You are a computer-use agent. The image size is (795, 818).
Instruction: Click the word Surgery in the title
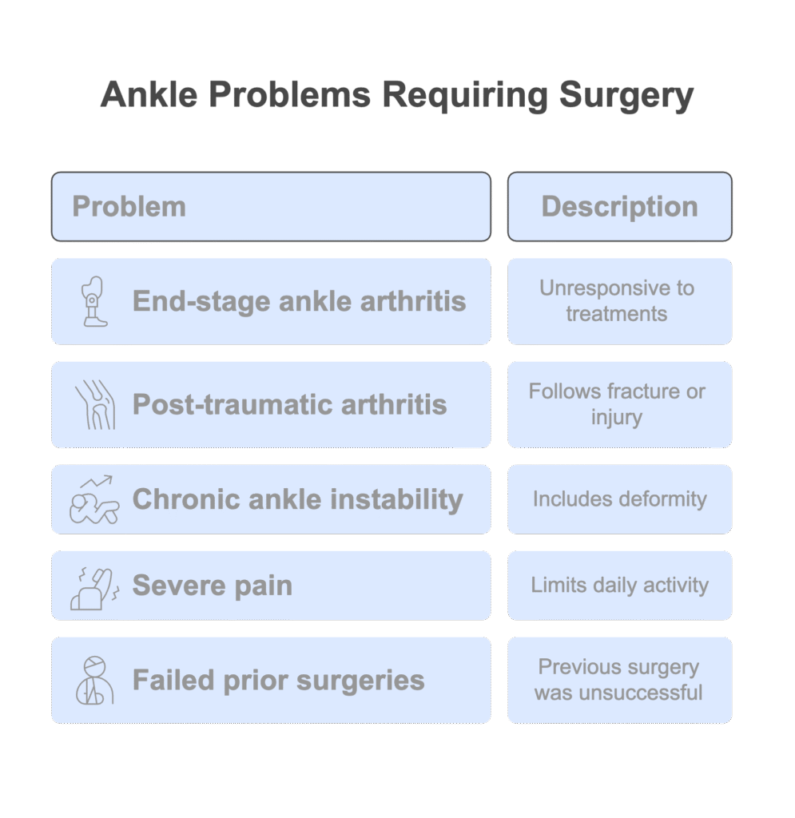pos(626,96)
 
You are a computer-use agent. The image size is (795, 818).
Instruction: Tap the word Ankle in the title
pos(149,94)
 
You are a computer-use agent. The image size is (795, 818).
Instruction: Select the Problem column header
pos(129,207)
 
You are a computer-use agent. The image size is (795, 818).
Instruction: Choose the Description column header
pos(619,207)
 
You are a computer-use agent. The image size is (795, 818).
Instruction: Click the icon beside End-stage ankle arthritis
pos(94,301)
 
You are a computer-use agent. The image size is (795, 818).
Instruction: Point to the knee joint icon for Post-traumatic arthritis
pos(95,405)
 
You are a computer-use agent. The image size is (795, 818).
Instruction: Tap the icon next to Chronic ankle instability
pos(94,499)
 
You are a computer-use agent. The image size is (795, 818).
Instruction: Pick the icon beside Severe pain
pos(95,589)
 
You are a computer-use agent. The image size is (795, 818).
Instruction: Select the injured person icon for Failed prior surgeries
pos(94,681)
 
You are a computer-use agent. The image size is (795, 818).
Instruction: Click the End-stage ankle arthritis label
pos(299,301)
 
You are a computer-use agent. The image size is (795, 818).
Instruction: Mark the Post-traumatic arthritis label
pos(289,405)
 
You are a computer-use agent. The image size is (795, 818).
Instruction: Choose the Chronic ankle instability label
pos(298,500)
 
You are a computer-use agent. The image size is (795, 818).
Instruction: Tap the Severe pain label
pos(213,586)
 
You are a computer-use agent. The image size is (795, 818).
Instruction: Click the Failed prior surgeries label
pos(279,681)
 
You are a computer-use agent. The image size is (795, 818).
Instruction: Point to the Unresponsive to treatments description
pos(617,301)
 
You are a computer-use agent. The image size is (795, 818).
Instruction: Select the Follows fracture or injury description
pos(617,404)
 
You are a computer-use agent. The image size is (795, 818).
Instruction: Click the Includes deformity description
pos(620,499)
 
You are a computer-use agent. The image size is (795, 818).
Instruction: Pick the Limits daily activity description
pos(620,586)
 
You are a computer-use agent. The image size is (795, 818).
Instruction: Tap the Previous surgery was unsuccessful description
pos(618,680)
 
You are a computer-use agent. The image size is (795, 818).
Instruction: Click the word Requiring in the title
pos(464,96)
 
